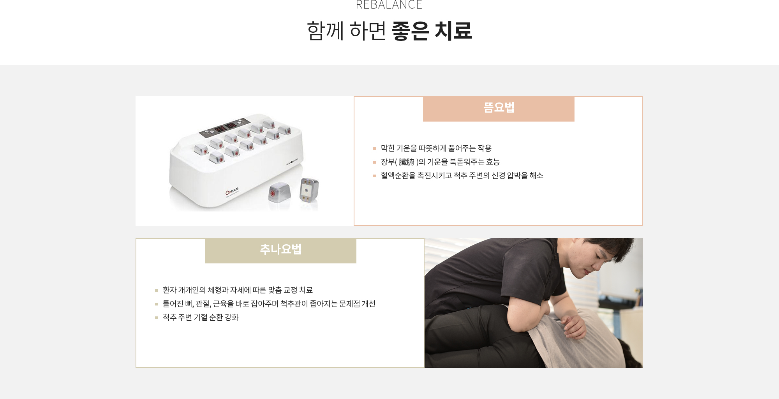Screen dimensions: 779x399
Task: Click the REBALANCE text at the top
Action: pyautogui.click(x=389, y=4)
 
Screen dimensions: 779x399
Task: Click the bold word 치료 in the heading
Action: pyautogui.click(x=453, y=31)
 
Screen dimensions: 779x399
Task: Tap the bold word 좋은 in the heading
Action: pyautogui.click(x=410, y=31)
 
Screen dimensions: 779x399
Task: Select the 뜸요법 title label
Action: pyautogui.click(x=499, y=108)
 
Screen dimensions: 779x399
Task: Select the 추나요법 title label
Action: pyautogui.click(x=280, y=249)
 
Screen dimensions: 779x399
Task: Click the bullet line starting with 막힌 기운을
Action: pyautogui.click(x=436, y=148)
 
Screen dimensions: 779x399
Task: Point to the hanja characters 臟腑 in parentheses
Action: pyautogui.click(x=406, y=162)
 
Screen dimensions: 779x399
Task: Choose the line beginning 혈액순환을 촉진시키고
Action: pyautogui.click(x=462, y=175)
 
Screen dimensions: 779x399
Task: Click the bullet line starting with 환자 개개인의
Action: pyautogui.click(x=238, y=290)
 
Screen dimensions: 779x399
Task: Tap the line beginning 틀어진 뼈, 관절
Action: pyautogui.click(x=269, y=304)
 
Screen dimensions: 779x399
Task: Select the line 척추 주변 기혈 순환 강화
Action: pyautogui.click(x=201, y=317)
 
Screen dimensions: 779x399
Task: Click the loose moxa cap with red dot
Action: pyautogui.click(x=279, y=191)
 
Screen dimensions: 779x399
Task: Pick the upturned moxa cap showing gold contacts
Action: pyautogui.click(x=309, y=190)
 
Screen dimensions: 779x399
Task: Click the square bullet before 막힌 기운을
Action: pyautogui.click(x=374, y=148)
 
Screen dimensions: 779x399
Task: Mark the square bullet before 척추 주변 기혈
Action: pyautogui.click(x=156, y=318)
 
